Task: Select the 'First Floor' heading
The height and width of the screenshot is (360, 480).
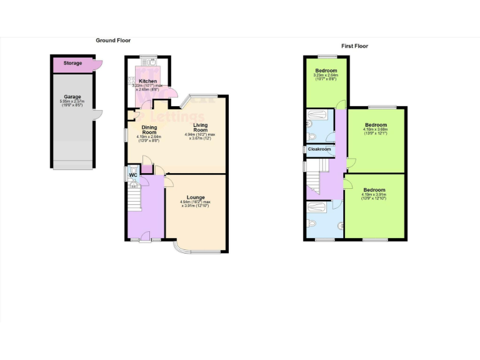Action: point(354,46)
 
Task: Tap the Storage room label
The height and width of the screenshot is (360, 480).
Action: point(72,63)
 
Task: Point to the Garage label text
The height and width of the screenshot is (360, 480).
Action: point(73,97)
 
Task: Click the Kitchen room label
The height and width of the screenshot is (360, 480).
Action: point(147,81)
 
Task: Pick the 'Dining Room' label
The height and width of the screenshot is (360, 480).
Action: point(149,130)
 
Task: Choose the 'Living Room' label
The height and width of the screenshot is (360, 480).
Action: point(200,127)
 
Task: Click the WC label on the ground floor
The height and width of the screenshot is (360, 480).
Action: point(132,175)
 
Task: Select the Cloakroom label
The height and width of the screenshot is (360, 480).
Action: point(319,149)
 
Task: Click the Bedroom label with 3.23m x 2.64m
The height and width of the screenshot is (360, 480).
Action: point(326,71)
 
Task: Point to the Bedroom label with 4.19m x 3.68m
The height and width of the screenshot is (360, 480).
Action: point(376,125)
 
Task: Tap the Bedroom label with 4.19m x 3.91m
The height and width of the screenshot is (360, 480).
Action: point(374,190)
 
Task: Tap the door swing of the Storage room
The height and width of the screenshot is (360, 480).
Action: point(97,64)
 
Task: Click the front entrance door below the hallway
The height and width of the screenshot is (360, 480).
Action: point(145,239)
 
